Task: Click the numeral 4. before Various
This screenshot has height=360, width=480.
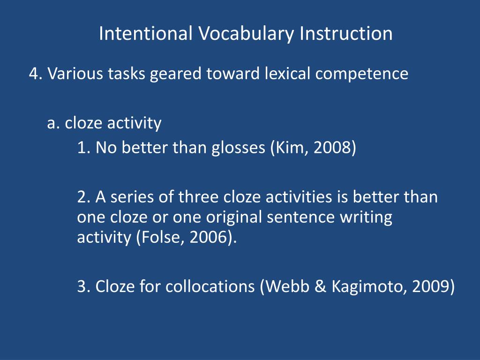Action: tap(36, 74)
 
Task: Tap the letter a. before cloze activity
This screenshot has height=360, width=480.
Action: tap(54, 123)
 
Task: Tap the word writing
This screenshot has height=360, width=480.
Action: tap(367, 218)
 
